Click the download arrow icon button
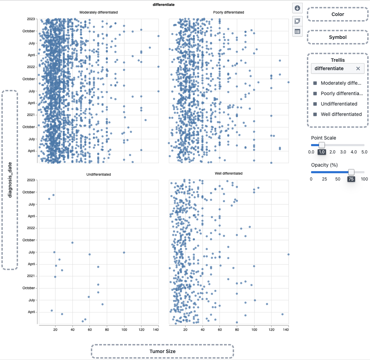[x=297, y=8]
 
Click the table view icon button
[x=297, y=32]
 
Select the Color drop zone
[x=337, y=14]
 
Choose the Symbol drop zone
[x=337, y=37]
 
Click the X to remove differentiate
[x=358, y=69]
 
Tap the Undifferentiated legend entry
[x=338, y=104]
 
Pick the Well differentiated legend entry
[x=341, y=114]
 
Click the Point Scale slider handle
[x=322, y=145]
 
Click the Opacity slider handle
[x=351, y=172]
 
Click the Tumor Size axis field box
[x=162, y=351]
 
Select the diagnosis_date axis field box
[x=10, y=180]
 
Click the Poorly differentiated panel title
[x=229, y=12]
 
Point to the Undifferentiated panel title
[x=98, y=174]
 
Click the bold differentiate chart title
[x=163, y=5]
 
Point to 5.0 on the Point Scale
[x=364, y=152]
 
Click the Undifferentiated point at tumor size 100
[x=124, y=252]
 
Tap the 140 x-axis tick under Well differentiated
[x=286, y=329]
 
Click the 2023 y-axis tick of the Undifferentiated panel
[x=31, y=180]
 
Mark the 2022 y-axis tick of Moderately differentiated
[x=31, y=67]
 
